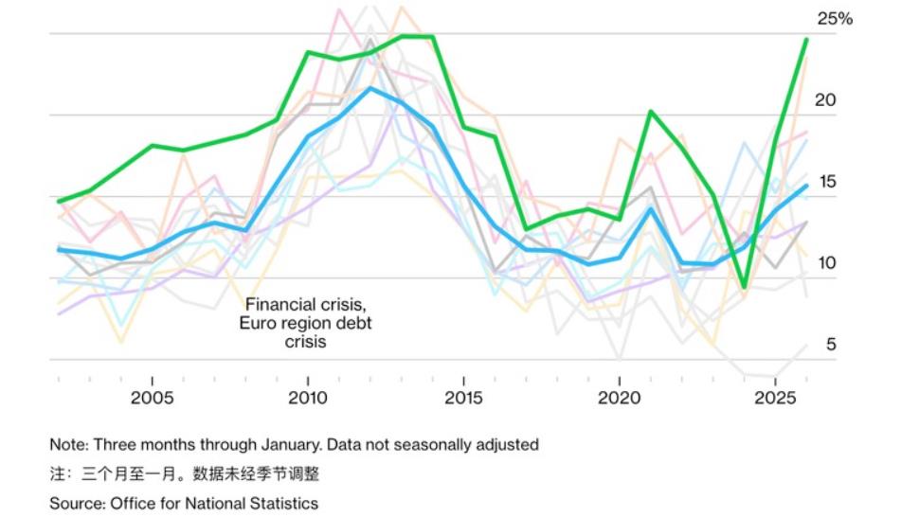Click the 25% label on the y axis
coord(834,19)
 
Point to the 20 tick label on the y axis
coord(826,100)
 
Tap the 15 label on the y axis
coord(826,182)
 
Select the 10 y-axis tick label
coord(826,263)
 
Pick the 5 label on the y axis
coord(831,345)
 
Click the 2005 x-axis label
coord(152,396)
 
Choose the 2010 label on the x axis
coord(307,396)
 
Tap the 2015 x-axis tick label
coord(462,396)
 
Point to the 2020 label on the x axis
coord(619,396)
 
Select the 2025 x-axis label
coord(774,396)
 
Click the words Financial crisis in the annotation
coord(305,305)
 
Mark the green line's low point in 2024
coord(745,287)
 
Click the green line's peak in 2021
coord(651,112)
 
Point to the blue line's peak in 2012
coord(370,88)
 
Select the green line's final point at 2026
coord(806,39)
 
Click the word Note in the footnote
coord(68,444)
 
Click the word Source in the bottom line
coord(76,503)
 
